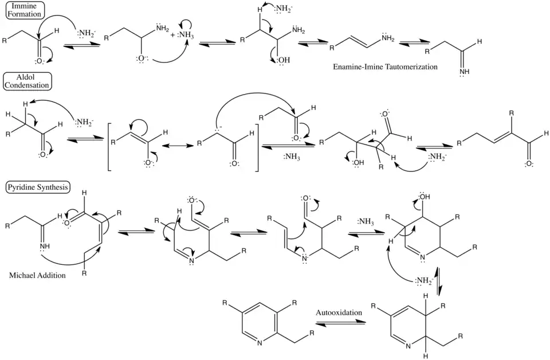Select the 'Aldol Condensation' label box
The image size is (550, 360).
click(x=27, y=81)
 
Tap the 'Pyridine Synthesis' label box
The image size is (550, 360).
click(x=38, y=187)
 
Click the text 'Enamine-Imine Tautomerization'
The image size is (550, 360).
click(x=385, y=67)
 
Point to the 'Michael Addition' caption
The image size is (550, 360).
click(x=37, y=276)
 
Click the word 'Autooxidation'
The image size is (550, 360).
click(x=339, y=312)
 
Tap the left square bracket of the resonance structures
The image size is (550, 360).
click(x=110, y=146)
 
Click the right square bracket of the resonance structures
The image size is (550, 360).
click(x=257, y=146)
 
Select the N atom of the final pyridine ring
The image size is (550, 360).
click(x=260, y=344)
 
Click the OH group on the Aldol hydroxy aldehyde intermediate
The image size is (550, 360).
click(x=358, y=162)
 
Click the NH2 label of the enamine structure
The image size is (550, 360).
click(x=388, y=38)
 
